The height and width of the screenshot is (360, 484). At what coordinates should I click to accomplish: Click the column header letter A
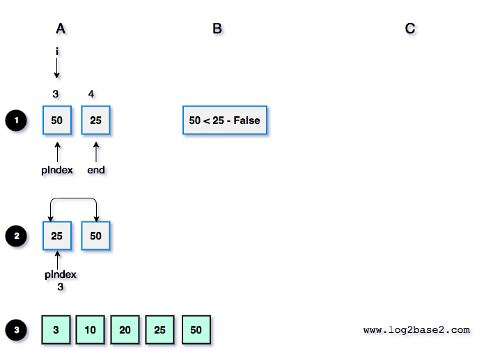click(x=61, y=29)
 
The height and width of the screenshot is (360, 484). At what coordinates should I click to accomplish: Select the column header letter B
click(x=217, y=29)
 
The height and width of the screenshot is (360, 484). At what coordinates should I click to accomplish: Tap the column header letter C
click(x=410, y=29)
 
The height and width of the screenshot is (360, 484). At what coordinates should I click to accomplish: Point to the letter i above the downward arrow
click(x=57, y=51)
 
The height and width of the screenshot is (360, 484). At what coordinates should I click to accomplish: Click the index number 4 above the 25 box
click(x=92, y=93)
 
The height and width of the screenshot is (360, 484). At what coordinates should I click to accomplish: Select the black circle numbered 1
click(x=15, y=120)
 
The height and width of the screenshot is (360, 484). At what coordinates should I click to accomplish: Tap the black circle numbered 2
click(x=15, y=237)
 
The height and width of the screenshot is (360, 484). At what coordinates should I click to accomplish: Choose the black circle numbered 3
click(x=15, y=329)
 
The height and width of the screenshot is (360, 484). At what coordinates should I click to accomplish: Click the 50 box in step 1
click(x=57, y=120)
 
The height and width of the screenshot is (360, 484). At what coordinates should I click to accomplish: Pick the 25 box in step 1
click(x=96, y=120)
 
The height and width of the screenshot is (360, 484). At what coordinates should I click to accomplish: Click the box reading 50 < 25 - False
click(x=224, y=120)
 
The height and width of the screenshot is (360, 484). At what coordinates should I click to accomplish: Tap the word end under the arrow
click(x=96, y=170)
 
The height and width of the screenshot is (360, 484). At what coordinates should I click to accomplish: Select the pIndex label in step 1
click(x=57, y=170)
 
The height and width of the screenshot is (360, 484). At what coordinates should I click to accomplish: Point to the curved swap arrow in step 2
click(x=72, y=200)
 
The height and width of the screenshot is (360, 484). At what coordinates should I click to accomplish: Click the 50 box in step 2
click(x=96, y=236)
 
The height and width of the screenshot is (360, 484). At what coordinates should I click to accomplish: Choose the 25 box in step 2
click(x=57, y=236)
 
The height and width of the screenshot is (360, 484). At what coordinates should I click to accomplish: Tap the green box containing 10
click(x=91, y=330)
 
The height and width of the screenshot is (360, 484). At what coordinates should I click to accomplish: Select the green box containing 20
click(x=125, y=330)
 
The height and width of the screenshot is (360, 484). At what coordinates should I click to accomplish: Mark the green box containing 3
click(x=56, y=330)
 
